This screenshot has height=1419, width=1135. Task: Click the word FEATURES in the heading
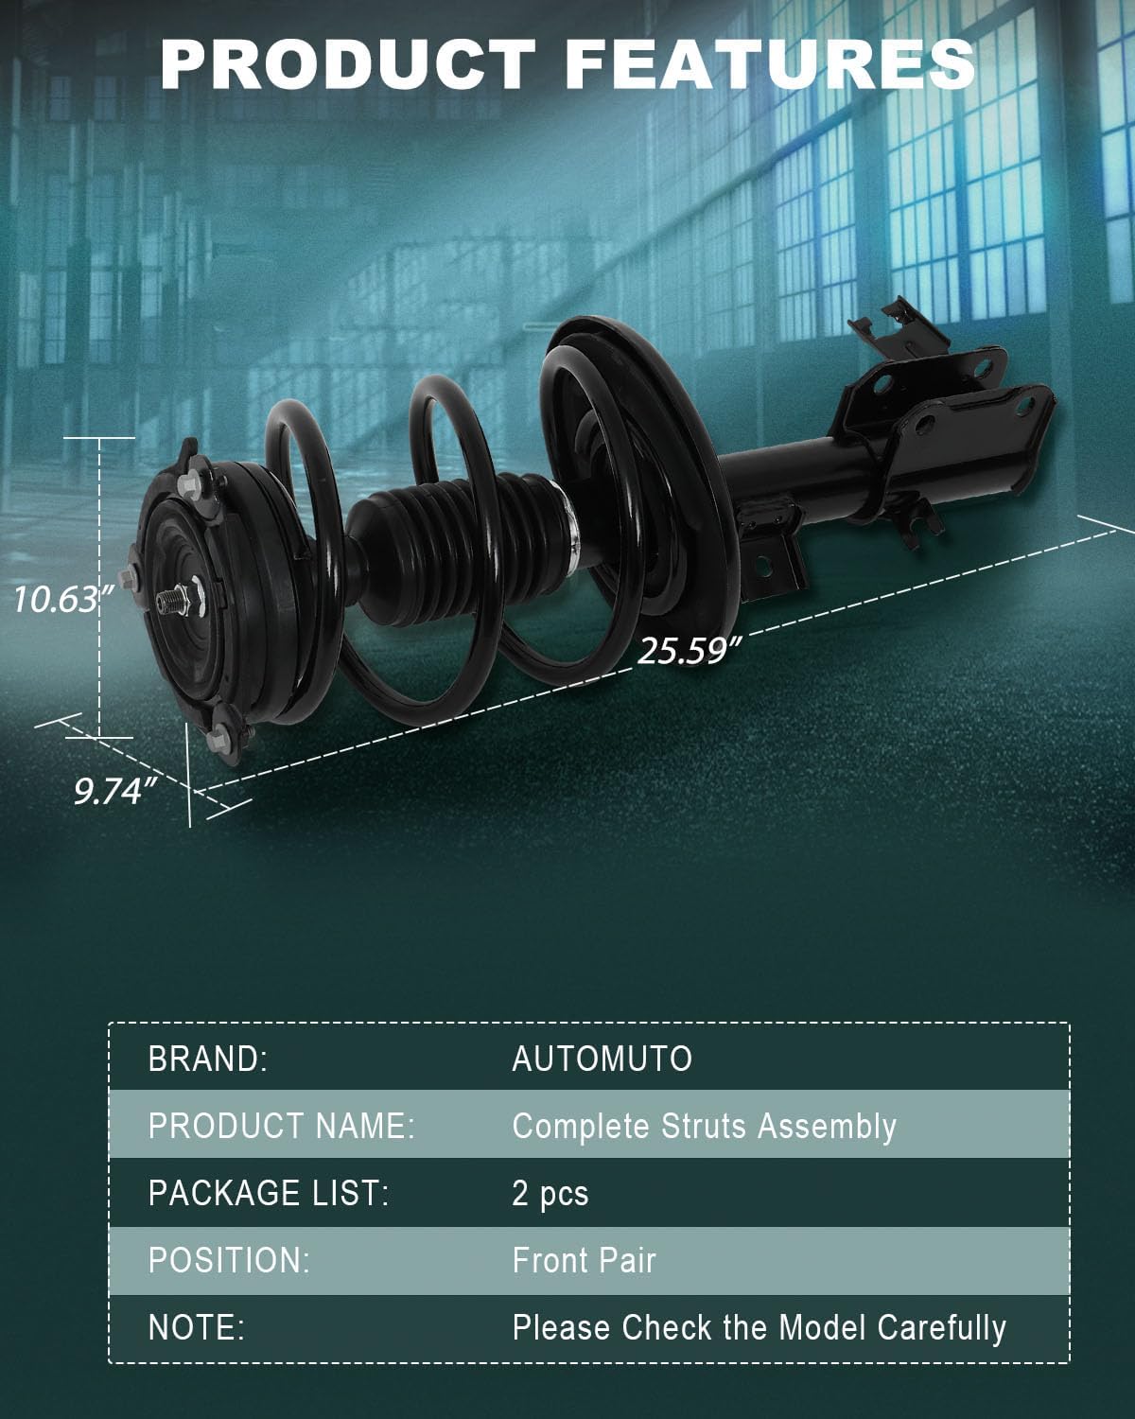[x=770, y=64]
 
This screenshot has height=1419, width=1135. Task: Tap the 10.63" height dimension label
[x=63, y=600]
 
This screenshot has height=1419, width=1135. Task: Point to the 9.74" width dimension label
[x=115, y=791]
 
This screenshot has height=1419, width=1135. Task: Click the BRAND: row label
[x=208, y=1060]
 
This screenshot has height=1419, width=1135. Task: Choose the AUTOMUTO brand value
[x=602, y=1060]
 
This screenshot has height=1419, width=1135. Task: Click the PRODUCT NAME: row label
[x=282, y=1127]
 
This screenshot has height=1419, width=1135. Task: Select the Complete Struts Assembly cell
[x=705, y=1128]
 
